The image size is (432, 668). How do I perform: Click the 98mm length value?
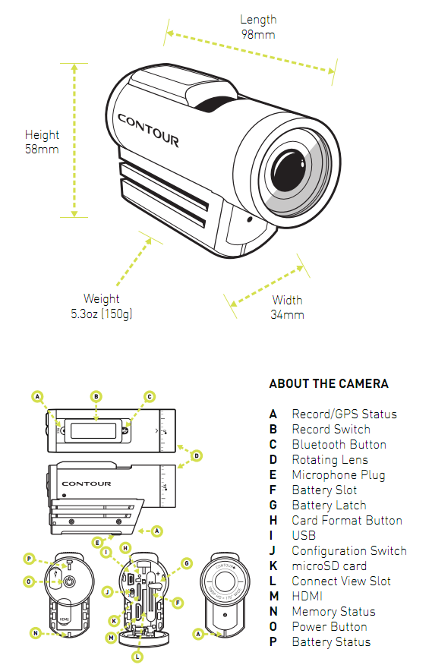[258, 34]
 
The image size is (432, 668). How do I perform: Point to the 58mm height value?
[42, 149]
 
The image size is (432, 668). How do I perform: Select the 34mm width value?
[288, 314]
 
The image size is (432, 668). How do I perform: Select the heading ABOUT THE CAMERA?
[329, 383]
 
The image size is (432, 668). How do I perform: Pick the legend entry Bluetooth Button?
[339, 444]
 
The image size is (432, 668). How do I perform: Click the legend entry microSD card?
[329, 566]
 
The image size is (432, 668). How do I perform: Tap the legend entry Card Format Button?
[347, 520]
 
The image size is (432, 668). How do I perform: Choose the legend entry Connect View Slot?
[341, 581]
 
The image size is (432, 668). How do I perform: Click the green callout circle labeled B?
[96, 396]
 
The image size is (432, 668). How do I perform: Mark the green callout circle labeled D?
[197, 455]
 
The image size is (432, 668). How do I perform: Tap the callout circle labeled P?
[30, 559]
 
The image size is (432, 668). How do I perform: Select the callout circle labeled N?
[36, 632]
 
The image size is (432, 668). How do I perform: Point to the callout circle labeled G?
[187, 562]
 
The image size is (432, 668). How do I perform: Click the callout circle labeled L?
[137, 655]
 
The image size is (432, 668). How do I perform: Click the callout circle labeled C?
[150, 396]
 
